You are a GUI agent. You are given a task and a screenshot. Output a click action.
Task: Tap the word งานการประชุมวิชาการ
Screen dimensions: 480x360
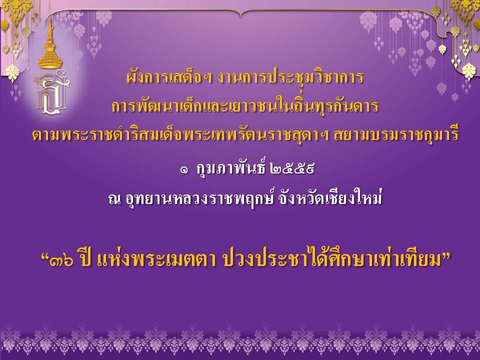(290, 77)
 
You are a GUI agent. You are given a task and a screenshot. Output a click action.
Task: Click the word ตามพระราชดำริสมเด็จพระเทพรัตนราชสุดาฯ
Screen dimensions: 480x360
(180, 135)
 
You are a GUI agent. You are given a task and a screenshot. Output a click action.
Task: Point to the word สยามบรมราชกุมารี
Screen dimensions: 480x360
(396, 135)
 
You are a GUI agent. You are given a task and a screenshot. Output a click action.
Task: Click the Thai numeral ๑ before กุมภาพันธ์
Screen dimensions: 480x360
(184, 169)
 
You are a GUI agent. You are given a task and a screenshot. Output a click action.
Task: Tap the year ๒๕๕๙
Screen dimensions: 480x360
(292, 168)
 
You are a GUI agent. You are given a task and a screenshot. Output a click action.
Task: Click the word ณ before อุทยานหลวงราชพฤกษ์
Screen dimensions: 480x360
(114, 199)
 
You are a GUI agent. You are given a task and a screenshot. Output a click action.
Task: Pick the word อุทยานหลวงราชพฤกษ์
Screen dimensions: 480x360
(199, 198)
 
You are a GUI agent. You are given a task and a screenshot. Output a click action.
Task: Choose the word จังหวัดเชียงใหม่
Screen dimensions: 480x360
(330, 198)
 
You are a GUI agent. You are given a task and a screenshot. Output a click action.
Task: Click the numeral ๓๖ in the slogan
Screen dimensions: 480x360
(62, 261)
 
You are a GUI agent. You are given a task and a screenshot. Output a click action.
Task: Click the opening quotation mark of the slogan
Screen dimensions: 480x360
(44, 256)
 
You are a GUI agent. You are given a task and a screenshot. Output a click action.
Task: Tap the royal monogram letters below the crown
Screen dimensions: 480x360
(51, 92)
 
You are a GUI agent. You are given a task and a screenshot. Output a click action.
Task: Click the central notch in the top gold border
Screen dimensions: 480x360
(241, 14)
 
